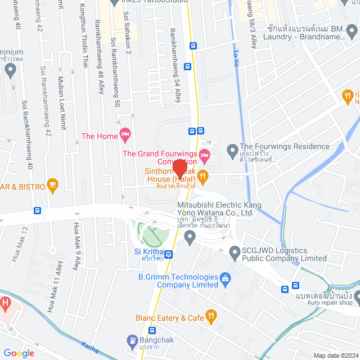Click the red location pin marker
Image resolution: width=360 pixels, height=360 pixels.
tap(180, 168)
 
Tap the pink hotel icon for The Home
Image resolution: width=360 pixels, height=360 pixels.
tap(125, 135)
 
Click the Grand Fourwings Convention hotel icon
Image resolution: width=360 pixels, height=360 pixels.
tap(205, 154)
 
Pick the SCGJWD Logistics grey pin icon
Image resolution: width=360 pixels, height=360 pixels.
tap(235, 254)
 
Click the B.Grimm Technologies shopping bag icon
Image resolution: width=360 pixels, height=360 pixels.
tap(226, 277)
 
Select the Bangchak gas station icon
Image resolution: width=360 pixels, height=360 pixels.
tap(132, 340)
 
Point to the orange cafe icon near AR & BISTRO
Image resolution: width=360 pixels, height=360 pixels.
tap(53, 183)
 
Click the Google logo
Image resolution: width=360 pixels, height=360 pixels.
tap(18, 353)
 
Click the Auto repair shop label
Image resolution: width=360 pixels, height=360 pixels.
tap(330, 303)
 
